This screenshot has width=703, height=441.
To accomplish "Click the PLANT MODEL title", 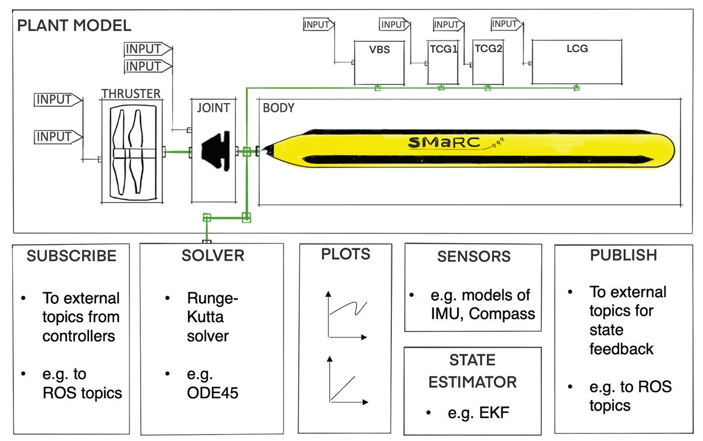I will (x=74, y=26).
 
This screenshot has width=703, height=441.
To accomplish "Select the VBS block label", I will (x=380, y=50).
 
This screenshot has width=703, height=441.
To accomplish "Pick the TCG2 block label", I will (x=488, y=49).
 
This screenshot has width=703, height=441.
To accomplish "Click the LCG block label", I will (x=576, y=49).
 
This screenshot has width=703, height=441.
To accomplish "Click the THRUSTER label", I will (x=130, y=94).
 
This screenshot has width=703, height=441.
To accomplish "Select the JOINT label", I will (x=213, y=108).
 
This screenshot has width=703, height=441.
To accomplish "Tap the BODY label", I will (x=278, y=108).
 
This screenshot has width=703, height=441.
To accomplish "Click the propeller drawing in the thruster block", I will (x=130, y=152).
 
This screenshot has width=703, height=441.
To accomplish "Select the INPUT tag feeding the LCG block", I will (x=504, y=24).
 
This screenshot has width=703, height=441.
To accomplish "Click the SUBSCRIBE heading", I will (x=71, y=255).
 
